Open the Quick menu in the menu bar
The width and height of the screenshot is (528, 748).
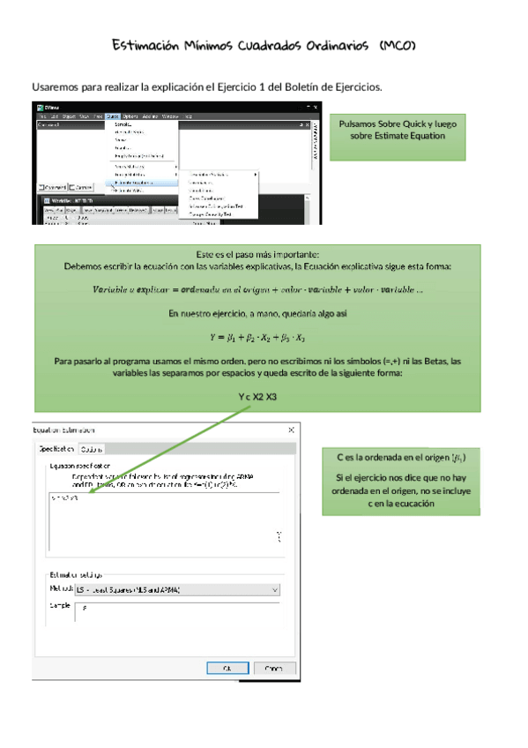point(112,116)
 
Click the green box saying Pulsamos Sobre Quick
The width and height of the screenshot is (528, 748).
point(397,137)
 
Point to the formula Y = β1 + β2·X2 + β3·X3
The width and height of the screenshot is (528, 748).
point(257,337)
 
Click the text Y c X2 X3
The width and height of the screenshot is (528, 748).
point(257,398)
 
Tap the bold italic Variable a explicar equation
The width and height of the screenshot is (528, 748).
point(257,290)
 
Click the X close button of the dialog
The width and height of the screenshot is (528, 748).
point(292,430)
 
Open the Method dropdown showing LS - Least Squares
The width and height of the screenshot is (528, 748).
point(176,589)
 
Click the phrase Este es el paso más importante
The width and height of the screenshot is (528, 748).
point(257,254)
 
